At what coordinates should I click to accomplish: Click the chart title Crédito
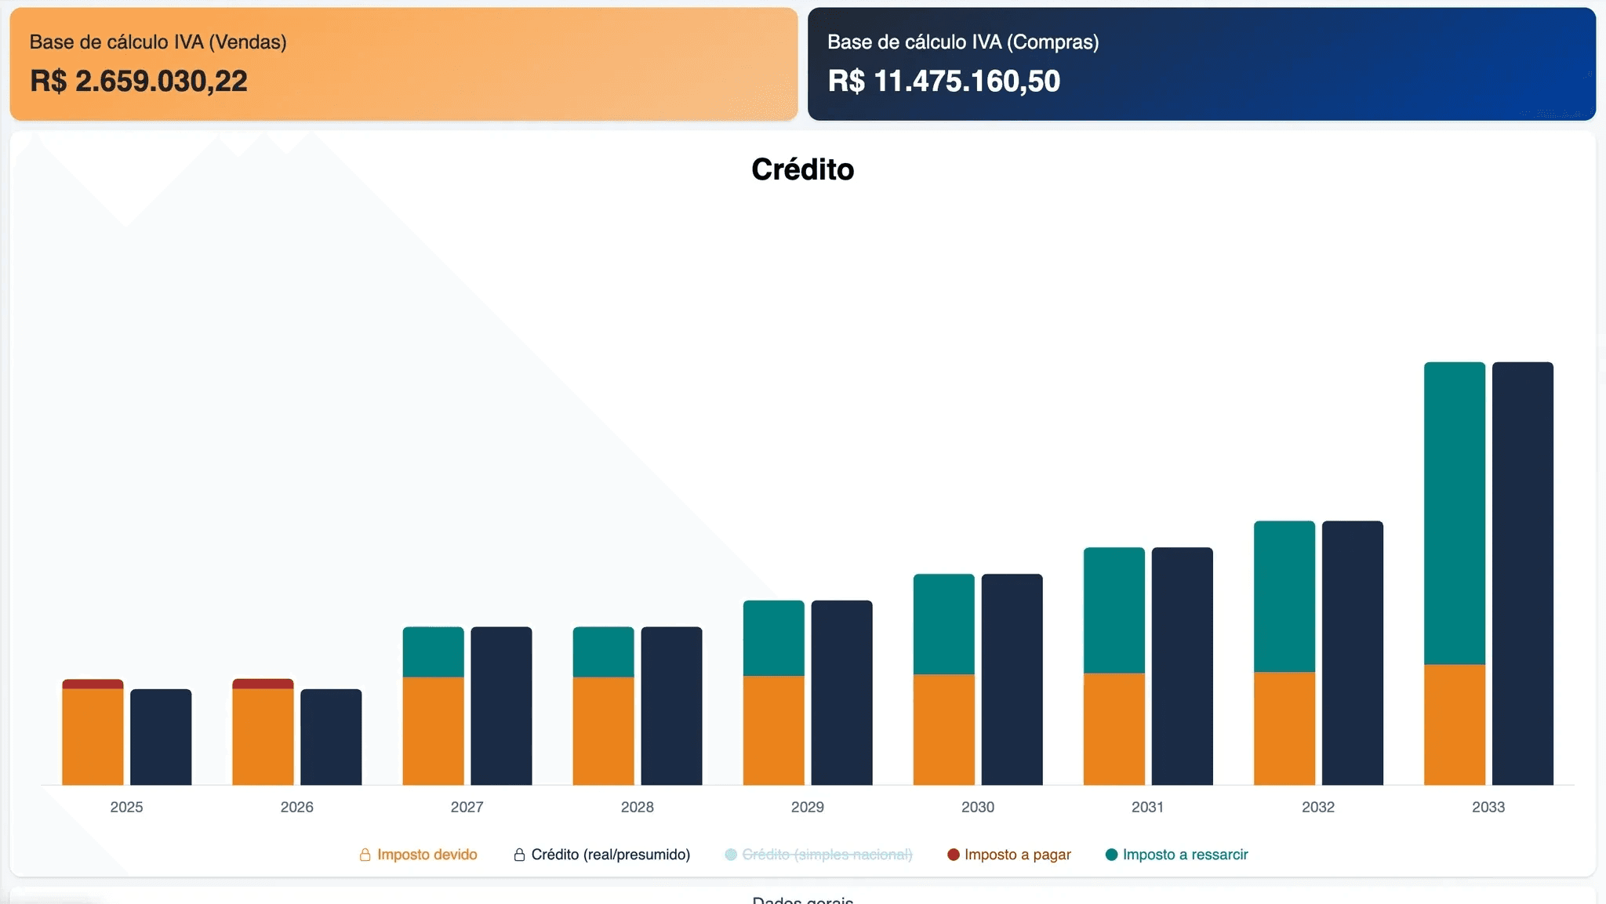point(802,169)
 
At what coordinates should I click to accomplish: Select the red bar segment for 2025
point(93,684)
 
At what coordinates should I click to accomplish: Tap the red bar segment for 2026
point(263,684)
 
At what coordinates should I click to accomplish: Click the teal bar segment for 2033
point(1454,513)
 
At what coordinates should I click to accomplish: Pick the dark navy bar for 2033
point(1522,573)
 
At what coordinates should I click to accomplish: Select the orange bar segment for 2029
point(773,730)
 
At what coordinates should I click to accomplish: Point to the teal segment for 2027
point(433,652)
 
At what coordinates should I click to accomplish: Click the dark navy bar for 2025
point(161,737)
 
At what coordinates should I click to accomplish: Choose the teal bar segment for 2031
point(1114,610)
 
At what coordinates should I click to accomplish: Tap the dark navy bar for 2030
point(1012,679)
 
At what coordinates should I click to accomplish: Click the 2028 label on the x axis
point(637,807)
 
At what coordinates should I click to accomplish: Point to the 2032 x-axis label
point(1317,807)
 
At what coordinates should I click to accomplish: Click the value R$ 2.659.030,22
point(139,81)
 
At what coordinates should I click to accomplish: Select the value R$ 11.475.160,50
point(943,81)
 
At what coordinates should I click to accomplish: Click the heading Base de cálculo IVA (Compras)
point(963,42)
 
